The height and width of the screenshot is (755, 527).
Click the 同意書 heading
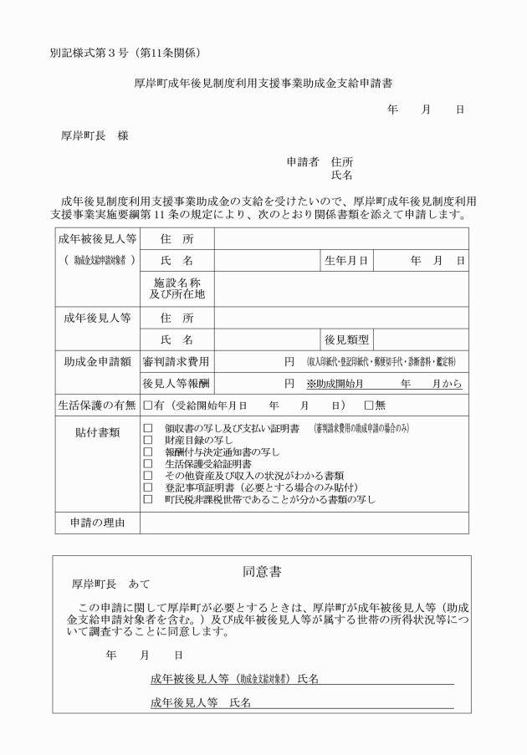262,572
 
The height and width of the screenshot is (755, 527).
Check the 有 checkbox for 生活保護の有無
146,405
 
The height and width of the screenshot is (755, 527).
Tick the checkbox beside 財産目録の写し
148,439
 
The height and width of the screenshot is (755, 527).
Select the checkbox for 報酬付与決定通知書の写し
148,451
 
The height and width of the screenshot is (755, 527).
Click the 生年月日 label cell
346,261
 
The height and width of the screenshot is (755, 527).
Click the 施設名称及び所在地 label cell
177,288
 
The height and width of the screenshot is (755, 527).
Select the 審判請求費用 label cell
177,361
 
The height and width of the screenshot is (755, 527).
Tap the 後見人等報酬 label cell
177,384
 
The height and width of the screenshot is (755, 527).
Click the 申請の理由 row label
96,523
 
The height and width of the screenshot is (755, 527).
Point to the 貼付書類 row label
96,432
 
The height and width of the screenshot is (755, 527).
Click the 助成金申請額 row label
96,361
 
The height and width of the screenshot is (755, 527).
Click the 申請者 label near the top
303,162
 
